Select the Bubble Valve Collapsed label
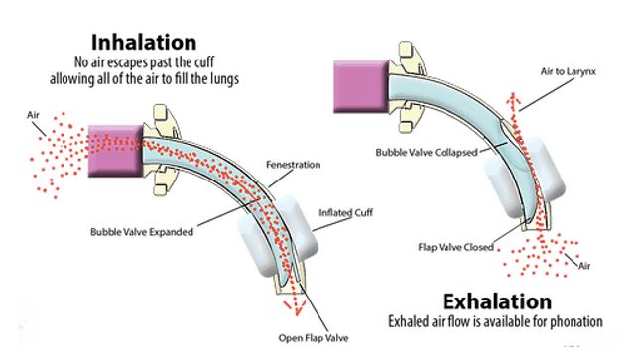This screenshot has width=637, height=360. click(x=430, y=152)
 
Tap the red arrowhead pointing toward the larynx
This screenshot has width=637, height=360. click(x=513, y=97)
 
